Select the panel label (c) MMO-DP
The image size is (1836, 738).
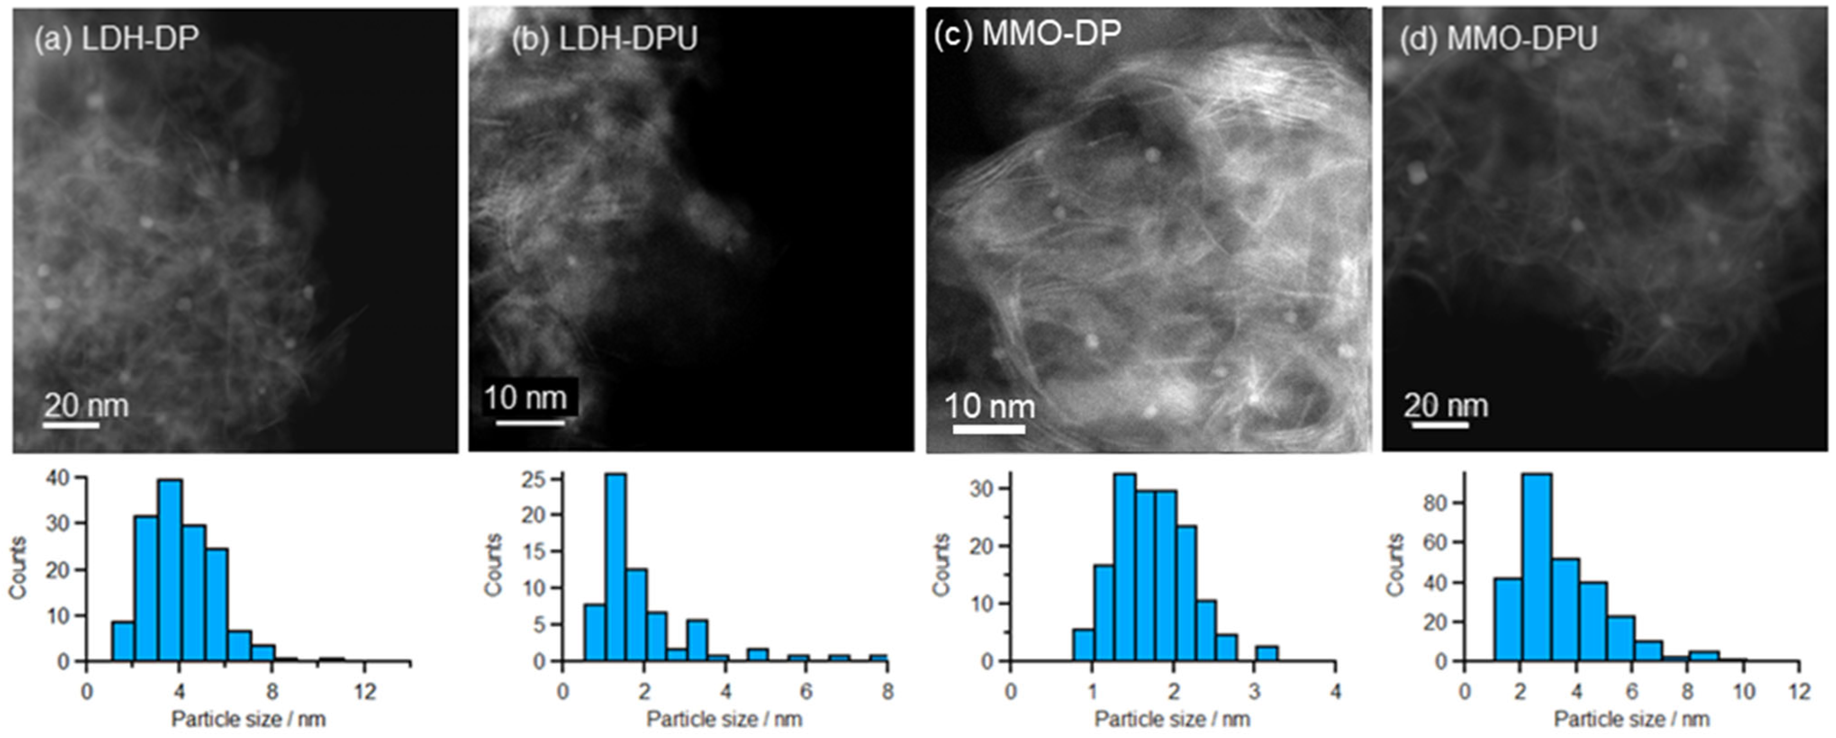[x=1028, y=33]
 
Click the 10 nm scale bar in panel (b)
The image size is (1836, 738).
[x=530, y=423]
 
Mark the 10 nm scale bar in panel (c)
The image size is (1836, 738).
[x=989, y=429]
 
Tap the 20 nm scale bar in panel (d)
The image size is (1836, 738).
[x=1440, y=425]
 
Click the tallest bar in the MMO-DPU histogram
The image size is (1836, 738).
[x=1536, y=567]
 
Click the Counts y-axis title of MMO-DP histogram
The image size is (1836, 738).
[x=942, y=565]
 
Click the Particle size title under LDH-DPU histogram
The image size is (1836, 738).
[x=724, y=719]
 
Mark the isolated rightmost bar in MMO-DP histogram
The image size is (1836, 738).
[x=1267, y=653]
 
